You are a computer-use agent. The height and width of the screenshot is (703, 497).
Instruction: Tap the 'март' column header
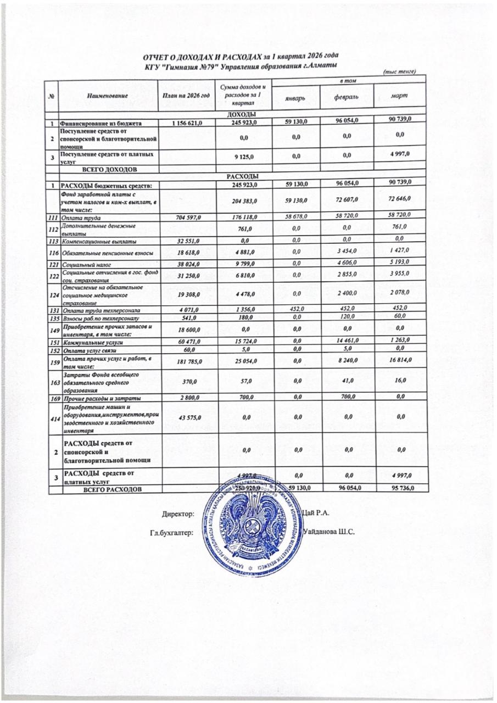click(399, 96)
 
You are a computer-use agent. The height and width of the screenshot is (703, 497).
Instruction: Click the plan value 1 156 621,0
click(187, 123)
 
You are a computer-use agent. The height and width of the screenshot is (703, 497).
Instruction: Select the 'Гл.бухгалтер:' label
click(172, 532)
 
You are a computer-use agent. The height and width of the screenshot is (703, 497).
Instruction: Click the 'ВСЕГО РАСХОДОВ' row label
click(112, 488)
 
